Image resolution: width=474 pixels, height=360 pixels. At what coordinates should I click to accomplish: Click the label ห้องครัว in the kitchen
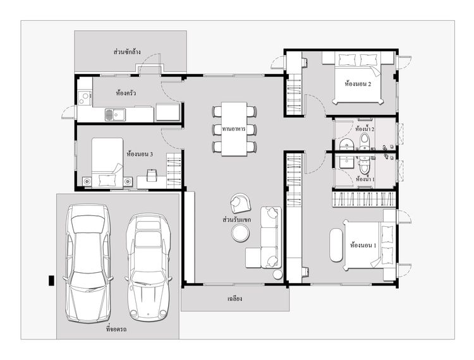pos(126,93)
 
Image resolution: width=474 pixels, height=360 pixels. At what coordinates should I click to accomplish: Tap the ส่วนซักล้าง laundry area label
pos(127,52)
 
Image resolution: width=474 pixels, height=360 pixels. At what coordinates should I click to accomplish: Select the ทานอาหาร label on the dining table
pos(234,129)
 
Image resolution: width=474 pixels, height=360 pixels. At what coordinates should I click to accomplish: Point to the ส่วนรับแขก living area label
pos(236,220)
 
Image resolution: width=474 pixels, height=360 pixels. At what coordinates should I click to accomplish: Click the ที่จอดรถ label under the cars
pos(116,329)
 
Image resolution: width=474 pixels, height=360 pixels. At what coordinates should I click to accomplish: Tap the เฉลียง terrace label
pos(234,299)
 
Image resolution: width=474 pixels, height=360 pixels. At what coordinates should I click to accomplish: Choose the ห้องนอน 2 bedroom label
pos(358,83)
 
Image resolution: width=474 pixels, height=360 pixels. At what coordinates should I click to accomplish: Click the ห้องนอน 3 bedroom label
pos(140,154)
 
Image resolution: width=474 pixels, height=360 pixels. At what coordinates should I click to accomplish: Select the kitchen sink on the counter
pos(115,115)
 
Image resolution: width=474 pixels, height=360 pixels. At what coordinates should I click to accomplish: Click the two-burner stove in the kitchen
pos(84,98)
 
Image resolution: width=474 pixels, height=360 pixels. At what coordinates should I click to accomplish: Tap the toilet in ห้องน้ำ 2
pos(365,141)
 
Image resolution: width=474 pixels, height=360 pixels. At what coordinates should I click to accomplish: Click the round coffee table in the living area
pos(240,234)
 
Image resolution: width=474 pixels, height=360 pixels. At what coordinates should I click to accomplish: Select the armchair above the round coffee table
pos(240,203)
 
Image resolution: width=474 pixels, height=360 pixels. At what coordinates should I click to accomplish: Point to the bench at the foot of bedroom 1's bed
pos(336,245)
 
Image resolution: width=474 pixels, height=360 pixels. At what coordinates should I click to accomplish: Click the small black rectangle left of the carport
pos(52,280)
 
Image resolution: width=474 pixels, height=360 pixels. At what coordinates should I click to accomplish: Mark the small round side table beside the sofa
pos(278,275)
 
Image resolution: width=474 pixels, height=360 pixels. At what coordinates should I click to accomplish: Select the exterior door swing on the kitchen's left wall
pos(68,112)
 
